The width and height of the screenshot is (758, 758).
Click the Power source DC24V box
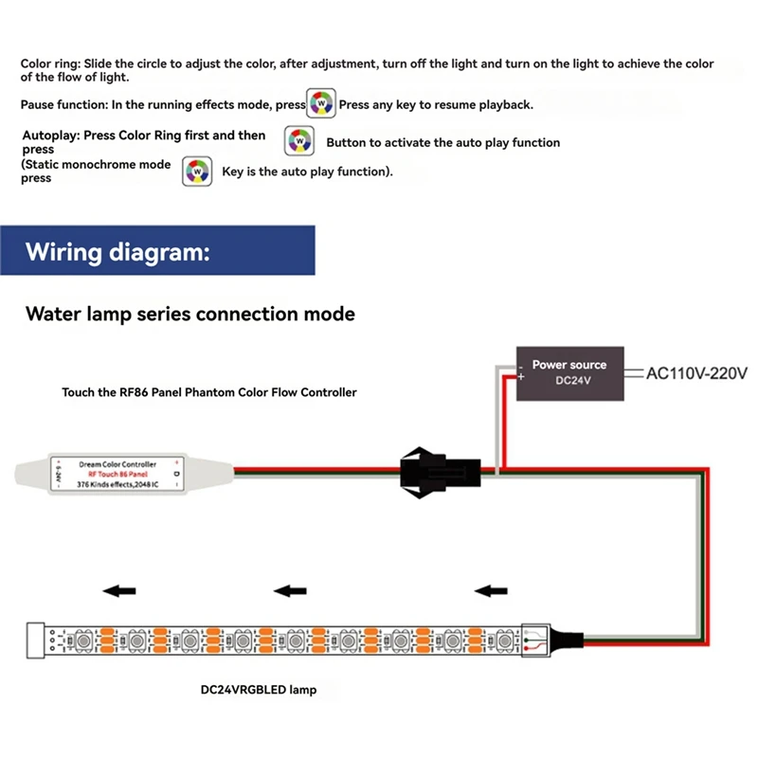pyautogui.click(x=569, y=372)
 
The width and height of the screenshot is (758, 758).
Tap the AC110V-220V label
pyautogui.click(x=696, y=373)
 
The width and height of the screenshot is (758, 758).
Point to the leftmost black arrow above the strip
pyautogui.click(x=118, y=592)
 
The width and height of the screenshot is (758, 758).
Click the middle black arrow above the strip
pyautogui.click(x=290, y=592)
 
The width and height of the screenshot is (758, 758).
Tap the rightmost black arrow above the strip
pyautogui.click(x=491, y=592)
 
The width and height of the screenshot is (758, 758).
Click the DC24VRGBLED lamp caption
pyautogui.click(x=259, y=691)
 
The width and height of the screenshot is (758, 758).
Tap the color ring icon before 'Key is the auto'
pyautogui.click(x=196, y=171)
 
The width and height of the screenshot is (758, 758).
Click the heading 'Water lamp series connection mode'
pyautogui.click(x=190, y=313)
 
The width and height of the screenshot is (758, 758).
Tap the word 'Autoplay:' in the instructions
pyautogui.click(x=51, y=135)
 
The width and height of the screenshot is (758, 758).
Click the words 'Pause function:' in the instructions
pyautogui.click(x=64, y=104)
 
